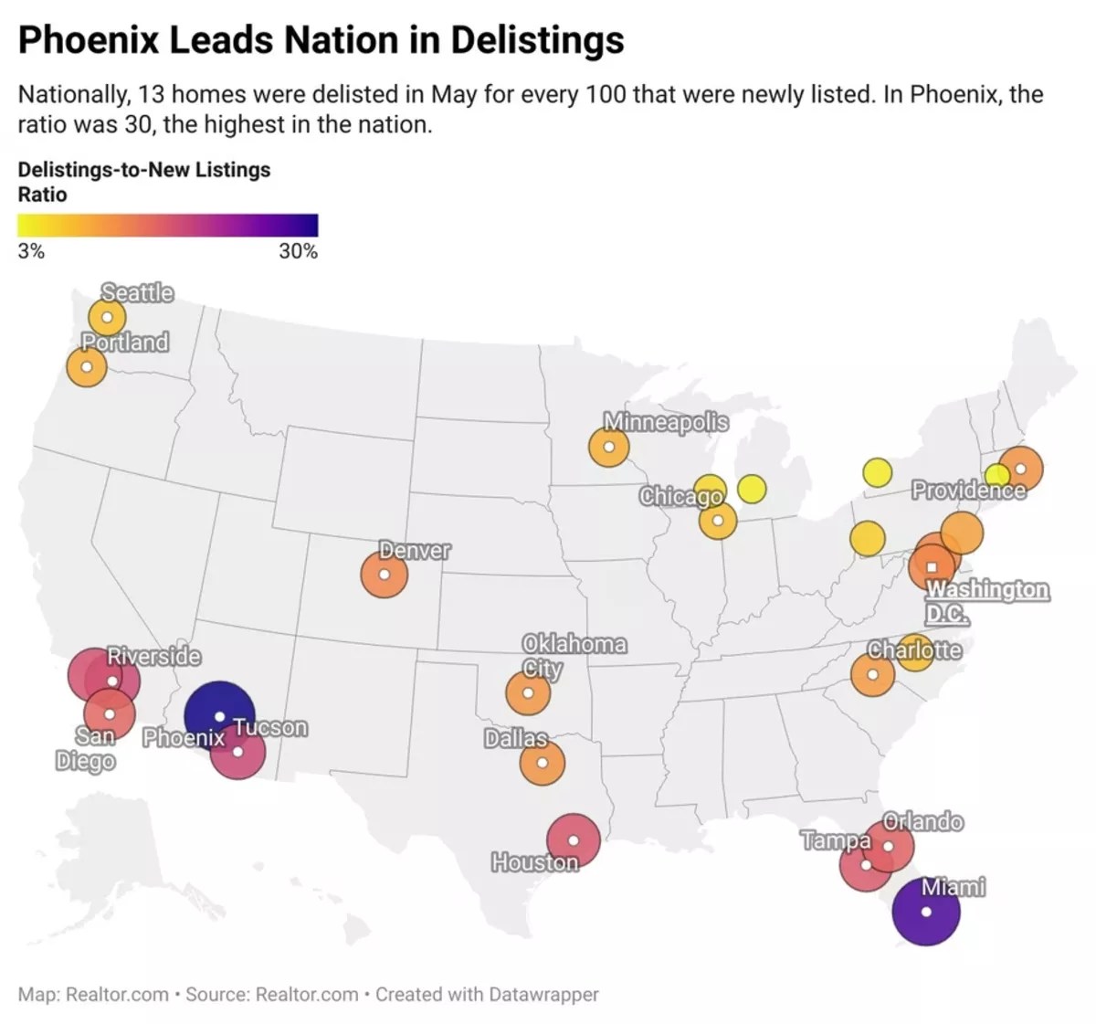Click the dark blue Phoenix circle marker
(219, 715)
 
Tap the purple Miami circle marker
(926, 912)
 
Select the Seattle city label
(137, 292)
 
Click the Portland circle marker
(87, 367)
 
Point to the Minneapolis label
(666, 422)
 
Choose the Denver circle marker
(385, 575)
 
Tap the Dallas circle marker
(543, 762)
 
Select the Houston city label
(534, 862)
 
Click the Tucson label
(269, 728)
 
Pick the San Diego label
(86, 749)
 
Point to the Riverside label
(153, 656)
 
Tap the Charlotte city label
(914, 650)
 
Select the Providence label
(968, 491)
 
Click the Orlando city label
(922, 822)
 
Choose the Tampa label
(836, 840)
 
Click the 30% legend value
(298, 251)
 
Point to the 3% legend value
(31, 251)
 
